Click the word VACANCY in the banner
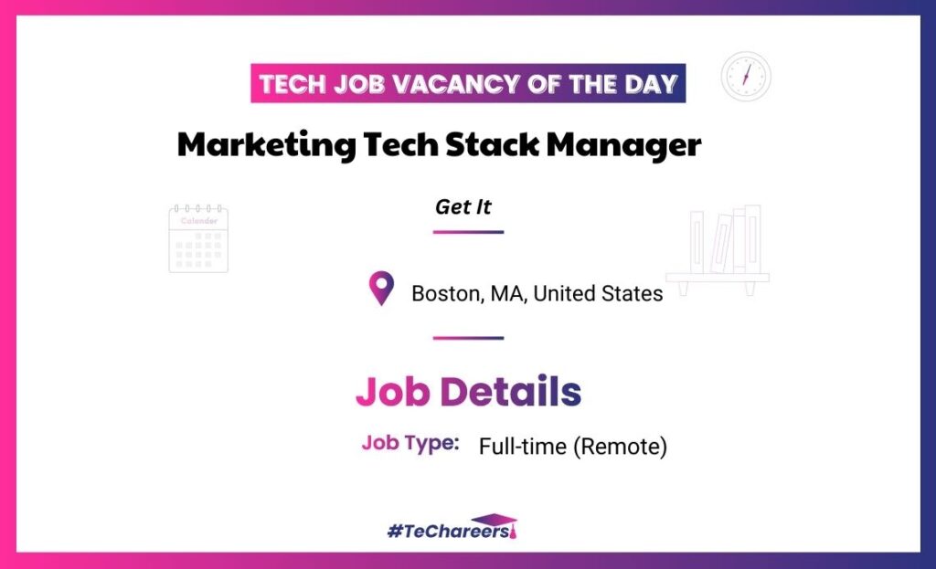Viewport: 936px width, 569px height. (457, 84)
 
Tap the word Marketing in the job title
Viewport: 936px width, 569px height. (266, 145)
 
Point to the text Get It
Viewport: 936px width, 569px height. (463, 207)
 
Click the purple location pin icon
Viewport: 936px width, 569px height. (381, 288)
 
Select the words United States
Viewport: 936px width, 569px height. (598, 293)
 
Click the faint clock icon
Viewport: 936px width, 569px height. (746, 77)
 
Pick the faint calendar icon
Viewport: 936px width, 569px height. (198, 238)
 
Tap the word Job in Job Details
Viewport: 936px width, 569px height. (393, 392)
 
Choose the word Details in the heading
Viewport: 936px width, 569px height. (510, 392)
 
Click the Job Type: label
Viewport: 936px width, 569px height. (410, 443)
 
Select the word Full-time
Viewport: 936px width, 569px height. (522, 446)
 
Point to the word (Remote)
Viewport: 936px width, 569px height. (621, 447)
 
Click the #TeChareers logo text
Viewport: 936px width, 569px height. (448, 531)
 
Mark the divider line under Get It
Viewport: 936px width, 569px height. (469, 232)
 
